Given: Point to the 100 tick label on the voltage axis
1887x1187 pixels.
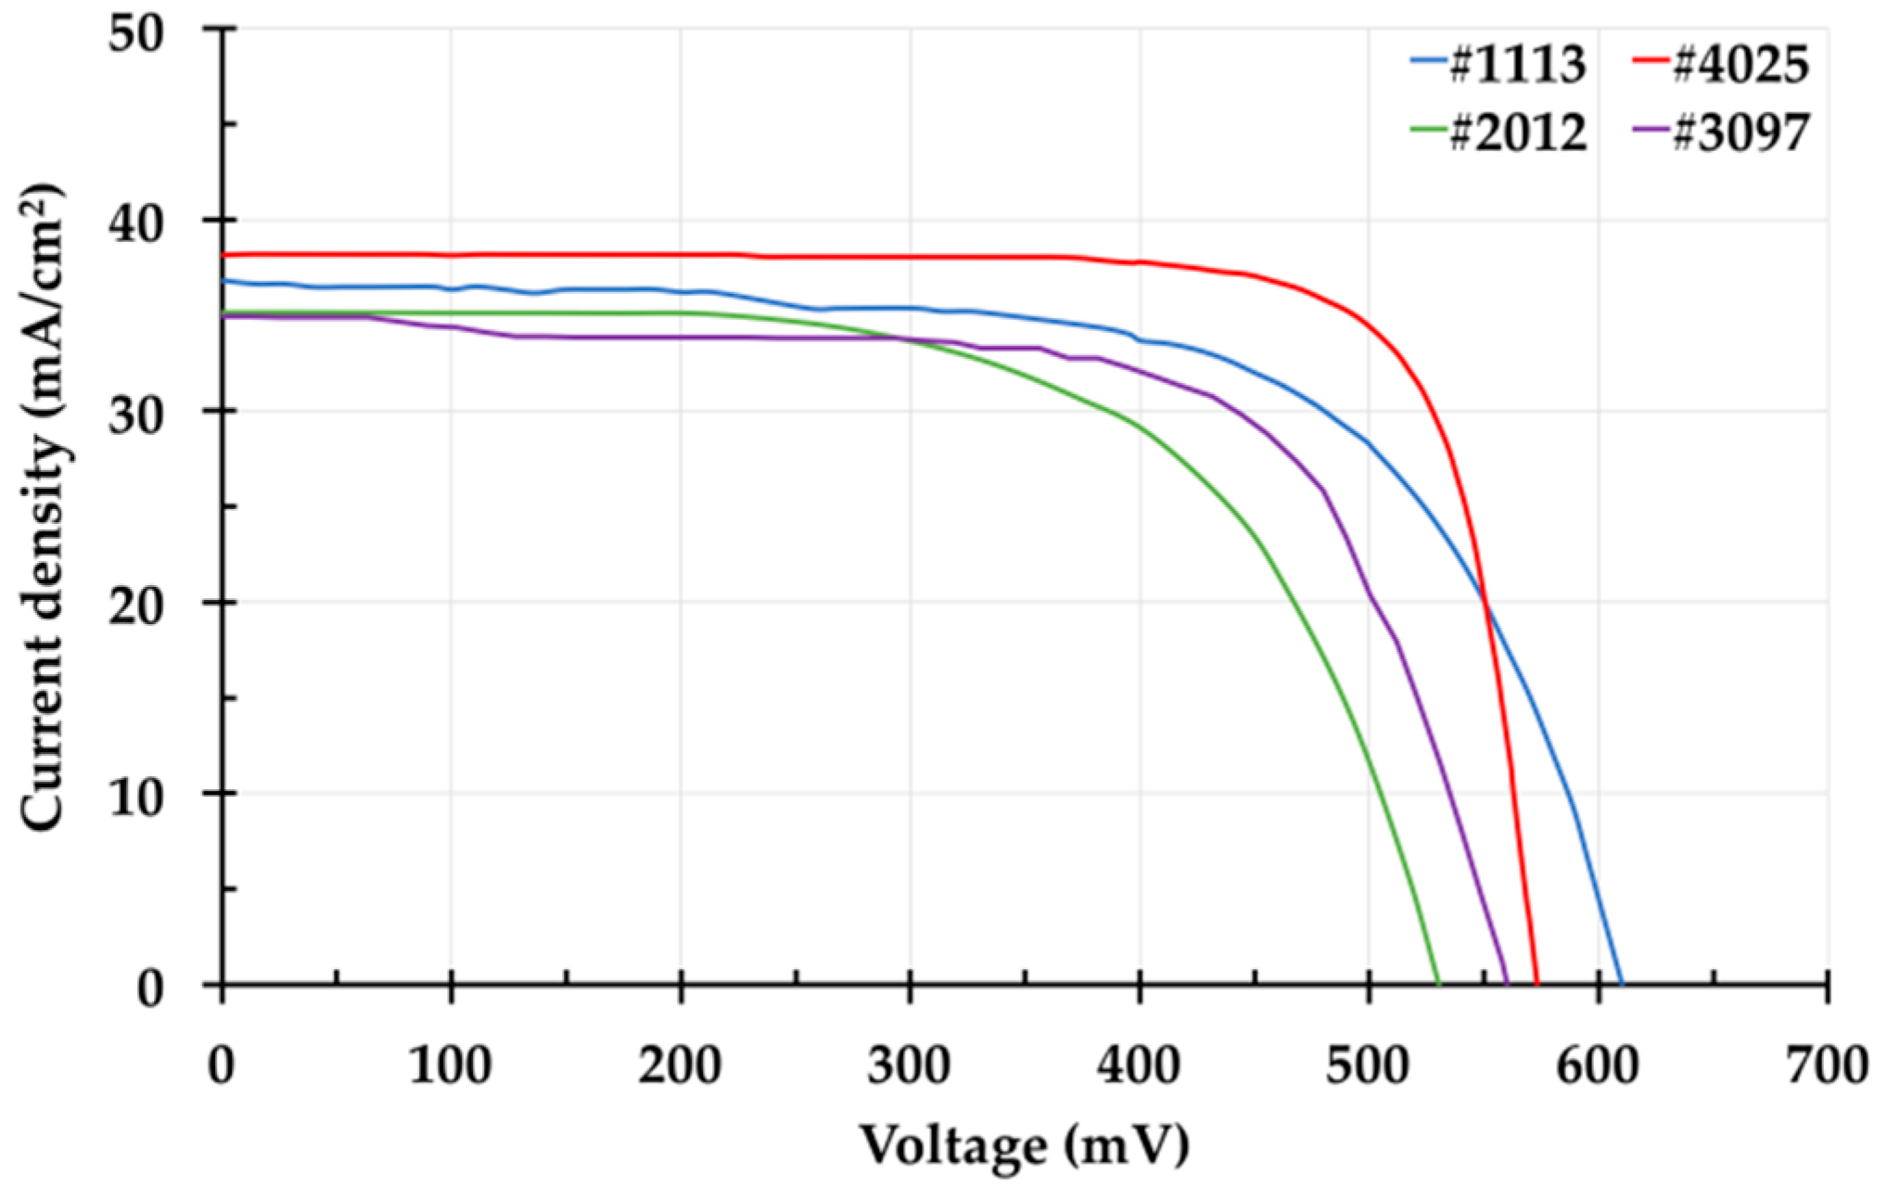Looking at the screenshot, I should [451, 1066].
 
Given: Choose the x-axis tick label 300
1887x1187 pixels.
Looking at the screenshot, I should [910, 1066].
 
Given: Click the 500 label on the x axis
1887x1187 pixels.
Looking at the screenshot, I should [1368, 1066].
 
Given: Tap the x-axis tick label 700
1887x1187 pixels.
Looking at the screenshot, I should [1827, 1066].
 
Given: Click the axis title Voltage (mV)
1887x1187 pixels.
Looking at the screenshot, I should [1025, 1145].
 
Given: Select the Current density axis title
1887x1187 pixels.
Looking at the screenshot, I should [44, 508].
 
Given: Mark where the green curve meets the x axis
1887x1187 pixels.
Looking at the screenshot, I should [1438, 984].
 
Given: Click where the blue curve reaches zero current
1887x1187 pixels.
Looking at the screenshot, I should [1622, 984].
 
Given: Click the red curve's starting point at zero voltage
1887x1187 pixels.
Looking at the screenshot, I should [223, 254].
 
